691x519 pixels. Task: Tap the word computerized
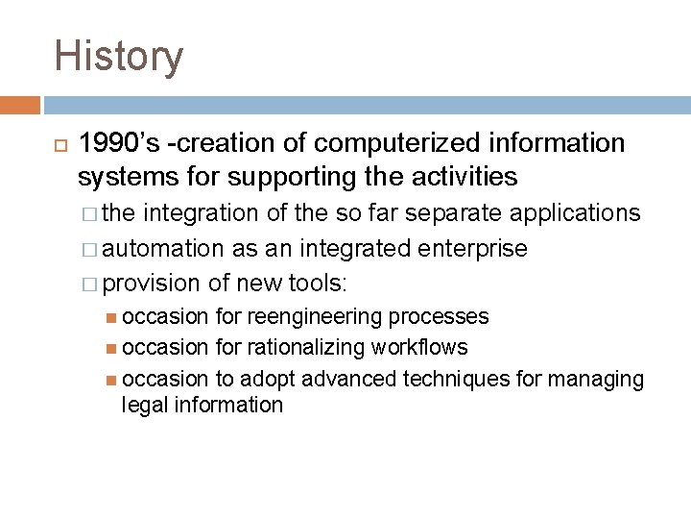click(398, 143)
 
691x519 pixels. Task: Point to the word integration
click(201, 213)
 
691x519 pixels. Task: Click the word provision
click(151, 284)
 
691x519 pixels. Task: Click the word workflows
click(421, 347)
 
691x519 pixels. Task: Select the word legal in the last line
click(142, 405)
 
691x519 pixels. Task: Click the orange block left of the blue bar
click(20, 105)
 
